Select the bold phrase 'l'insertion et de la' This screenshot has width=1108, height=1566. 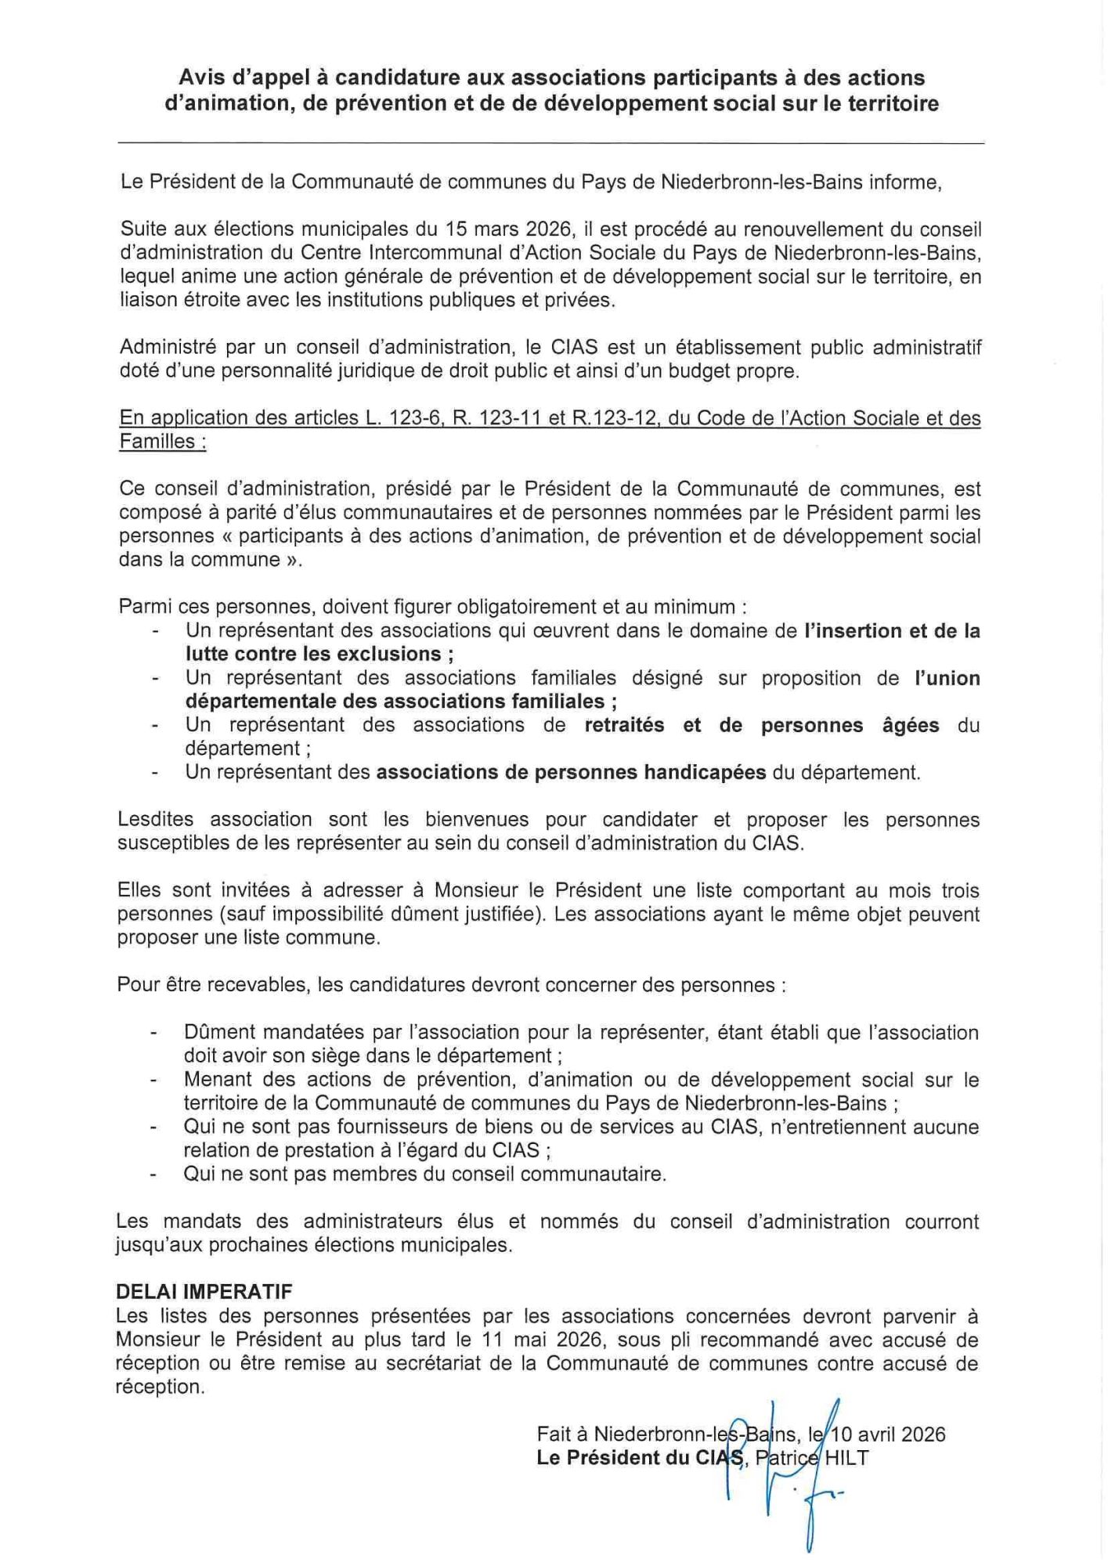892,630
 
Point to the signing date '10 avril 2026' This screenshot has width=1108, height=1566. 888,1434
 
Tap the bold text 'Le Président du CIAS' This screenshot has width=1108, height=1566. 639,1457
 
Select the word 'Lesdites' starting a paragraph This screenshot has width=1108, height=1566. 156,820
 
